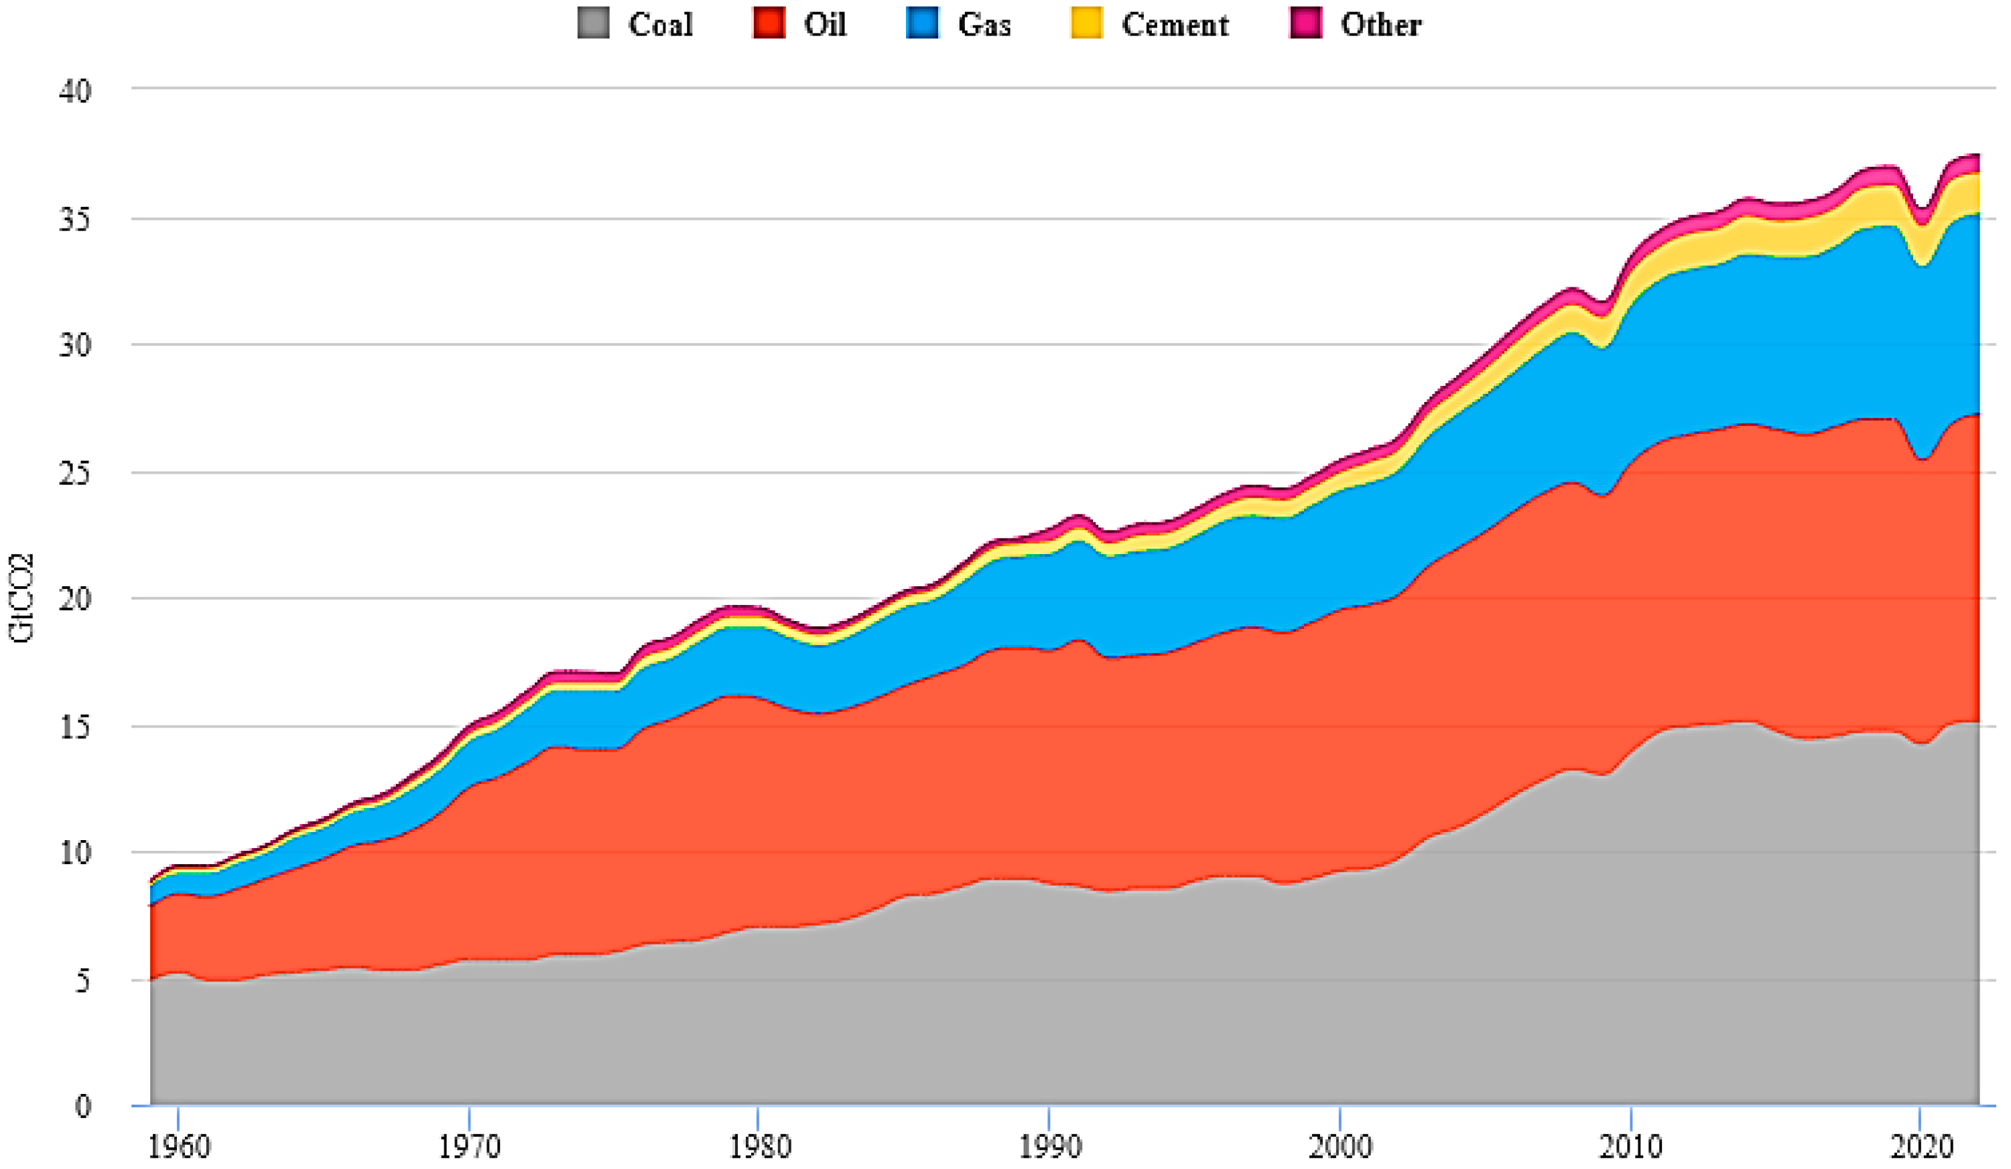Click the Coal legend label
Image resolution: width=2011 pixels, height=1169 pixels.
(660, 24)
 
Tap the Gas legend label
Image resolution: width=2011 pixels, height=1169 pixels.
(984, 24)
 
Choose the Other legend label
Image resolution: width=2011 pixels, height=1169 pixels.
(1380, 24)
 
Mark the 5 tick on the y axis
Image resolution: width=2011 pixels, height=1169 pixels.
(83, 981)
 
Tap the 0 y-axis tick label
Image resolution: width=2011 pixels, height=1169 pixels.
(83, 1106)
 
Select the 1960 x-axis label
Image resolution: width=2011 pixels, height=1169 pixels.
(179, 1147)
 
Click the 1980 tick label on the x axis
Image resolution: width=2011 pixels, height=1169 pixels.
(759, 1147)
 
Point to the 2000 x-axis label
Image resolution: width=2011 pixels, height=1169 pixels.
(1340, 1147)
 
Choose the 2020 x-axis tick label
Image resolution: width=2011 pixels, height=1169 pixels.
(1920, 1147)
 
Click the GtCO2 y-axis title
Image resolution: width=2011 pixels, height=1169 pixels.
(21, 598)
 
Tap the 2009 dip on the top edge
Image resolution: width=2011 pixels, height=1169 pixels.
(1602, 303)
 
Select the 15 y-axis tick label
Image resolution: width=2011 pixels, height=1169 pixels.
(75, 728)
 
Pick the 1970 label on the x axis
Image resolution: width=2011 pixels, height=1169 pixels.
(469, 1147)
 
